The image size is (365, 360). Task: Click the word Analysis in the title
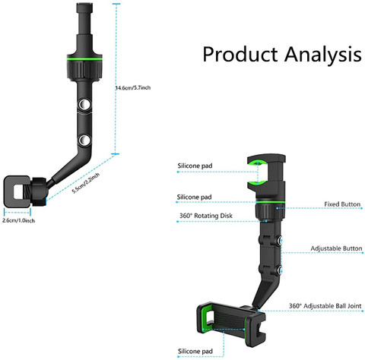tap(323, 54)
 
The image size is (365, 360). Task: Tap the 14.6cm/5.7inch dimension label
tap(133, 88)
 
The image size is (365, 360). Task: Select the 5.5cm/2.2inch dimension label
tap(86, 183)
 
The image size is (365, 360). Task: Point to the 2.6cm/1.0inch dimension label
tap(18, 220)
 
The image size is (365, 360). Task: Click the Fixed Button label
tap(342, 204)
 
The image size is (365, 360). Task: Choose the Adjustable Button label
tap(336, 248)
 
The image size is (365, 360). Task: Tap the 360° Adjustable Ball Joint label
tap(325, 306)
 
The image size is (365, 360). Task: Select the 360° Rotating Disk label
tap(206, 216)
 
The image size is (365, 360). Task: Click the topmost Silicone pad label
tap(195, 166)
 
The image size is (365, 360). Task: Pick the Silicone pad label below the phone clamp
tap(195, 352)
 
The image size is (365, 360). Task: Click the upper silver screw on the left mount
tap(84, 104)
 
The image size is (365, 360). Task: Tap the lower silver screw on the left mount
tap(84, 140)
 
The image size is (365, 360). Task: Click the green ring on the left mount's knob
tap(84, 59)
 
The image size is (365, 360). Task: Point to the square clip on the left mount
tap(17, 191)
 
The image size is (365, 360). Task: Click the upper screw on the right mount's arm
tap(280, 240)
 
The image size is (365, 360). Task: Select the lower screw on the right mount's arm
tap(280, 270)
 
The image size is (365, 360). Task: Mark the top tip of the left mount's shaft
tap(84, 4)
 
